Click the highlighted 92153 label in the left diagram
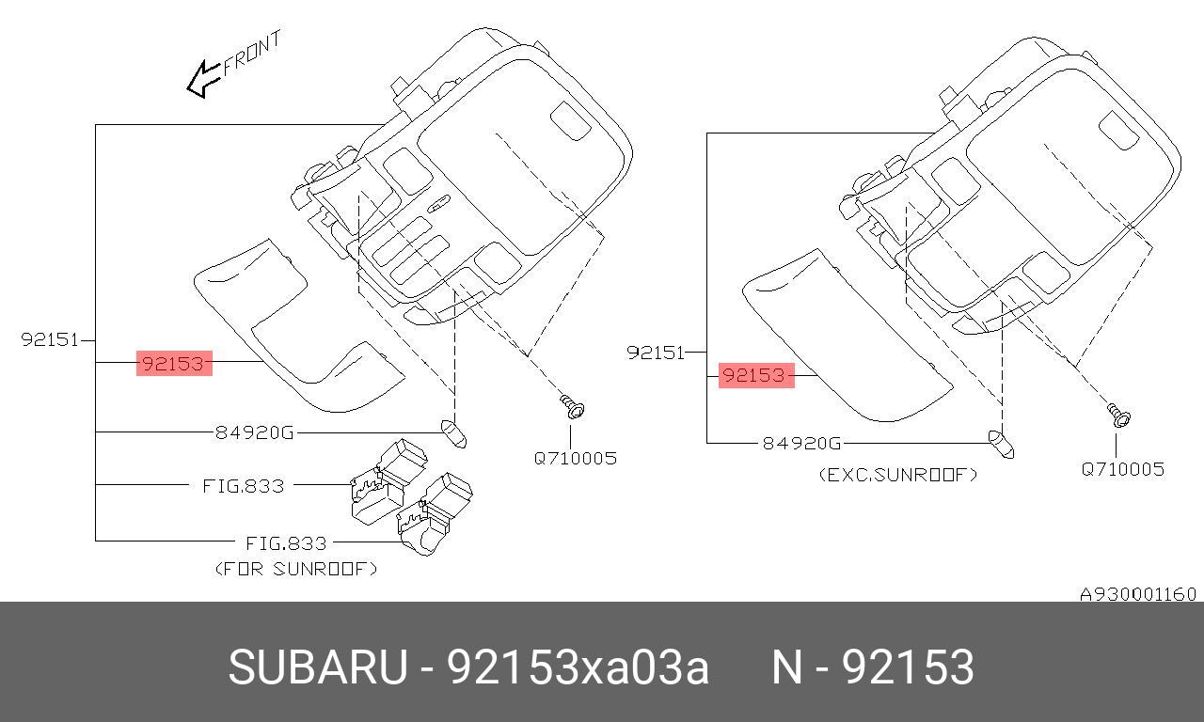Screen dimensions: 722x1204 pyautogui.click(x=174, y=363)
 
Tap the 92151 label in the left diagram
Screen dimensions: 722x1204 pyautogui.click(x=50, y=339)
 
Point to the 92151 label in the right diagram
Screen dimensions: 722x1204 pyautogui.click(x=656, y=353)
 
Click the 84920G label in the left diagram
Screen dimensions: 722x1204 pyautogui.click(x=254, y=432)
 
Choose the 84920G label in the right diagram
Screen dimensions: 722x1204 pyautogui.click(x=801, y=443)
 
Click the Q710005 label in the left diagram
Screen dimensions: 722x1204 pyautogui.click(x=576, y=459)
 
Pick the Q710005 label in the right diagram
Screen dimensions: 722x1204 pyautogui.click(x=1122, y=469)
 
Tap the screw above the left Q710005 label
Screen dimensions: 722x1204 pyautogui.click(x=572, y=407)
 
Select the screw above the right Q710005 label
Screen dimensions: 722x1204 pyautogui.click(x=1118, y=414)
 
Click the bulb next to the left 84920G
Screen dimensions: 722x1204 pyautogui.click(x=454, y=434)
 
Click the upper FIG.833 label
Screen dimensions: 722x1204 pyautogui.click(x=244, y=486)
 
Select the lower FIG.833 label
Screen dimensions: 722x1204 pyautogui.click(x=286, y=543)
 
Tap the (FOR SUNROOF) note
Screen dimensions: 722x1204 pyautogui.click(x=296, y=569)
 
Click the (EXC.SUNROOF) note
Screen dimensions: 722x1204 pyautogui.click(x=897, y=475)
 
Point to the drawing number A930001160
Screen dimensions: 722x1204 pyautogui.click(x=1137, y=594)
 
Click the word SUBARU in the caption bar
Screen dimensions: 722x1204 pyautogui.click(x=317, y=667)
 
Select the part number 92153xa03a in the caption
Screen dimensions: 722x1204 pyautogui.click(x=578, y=667)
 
